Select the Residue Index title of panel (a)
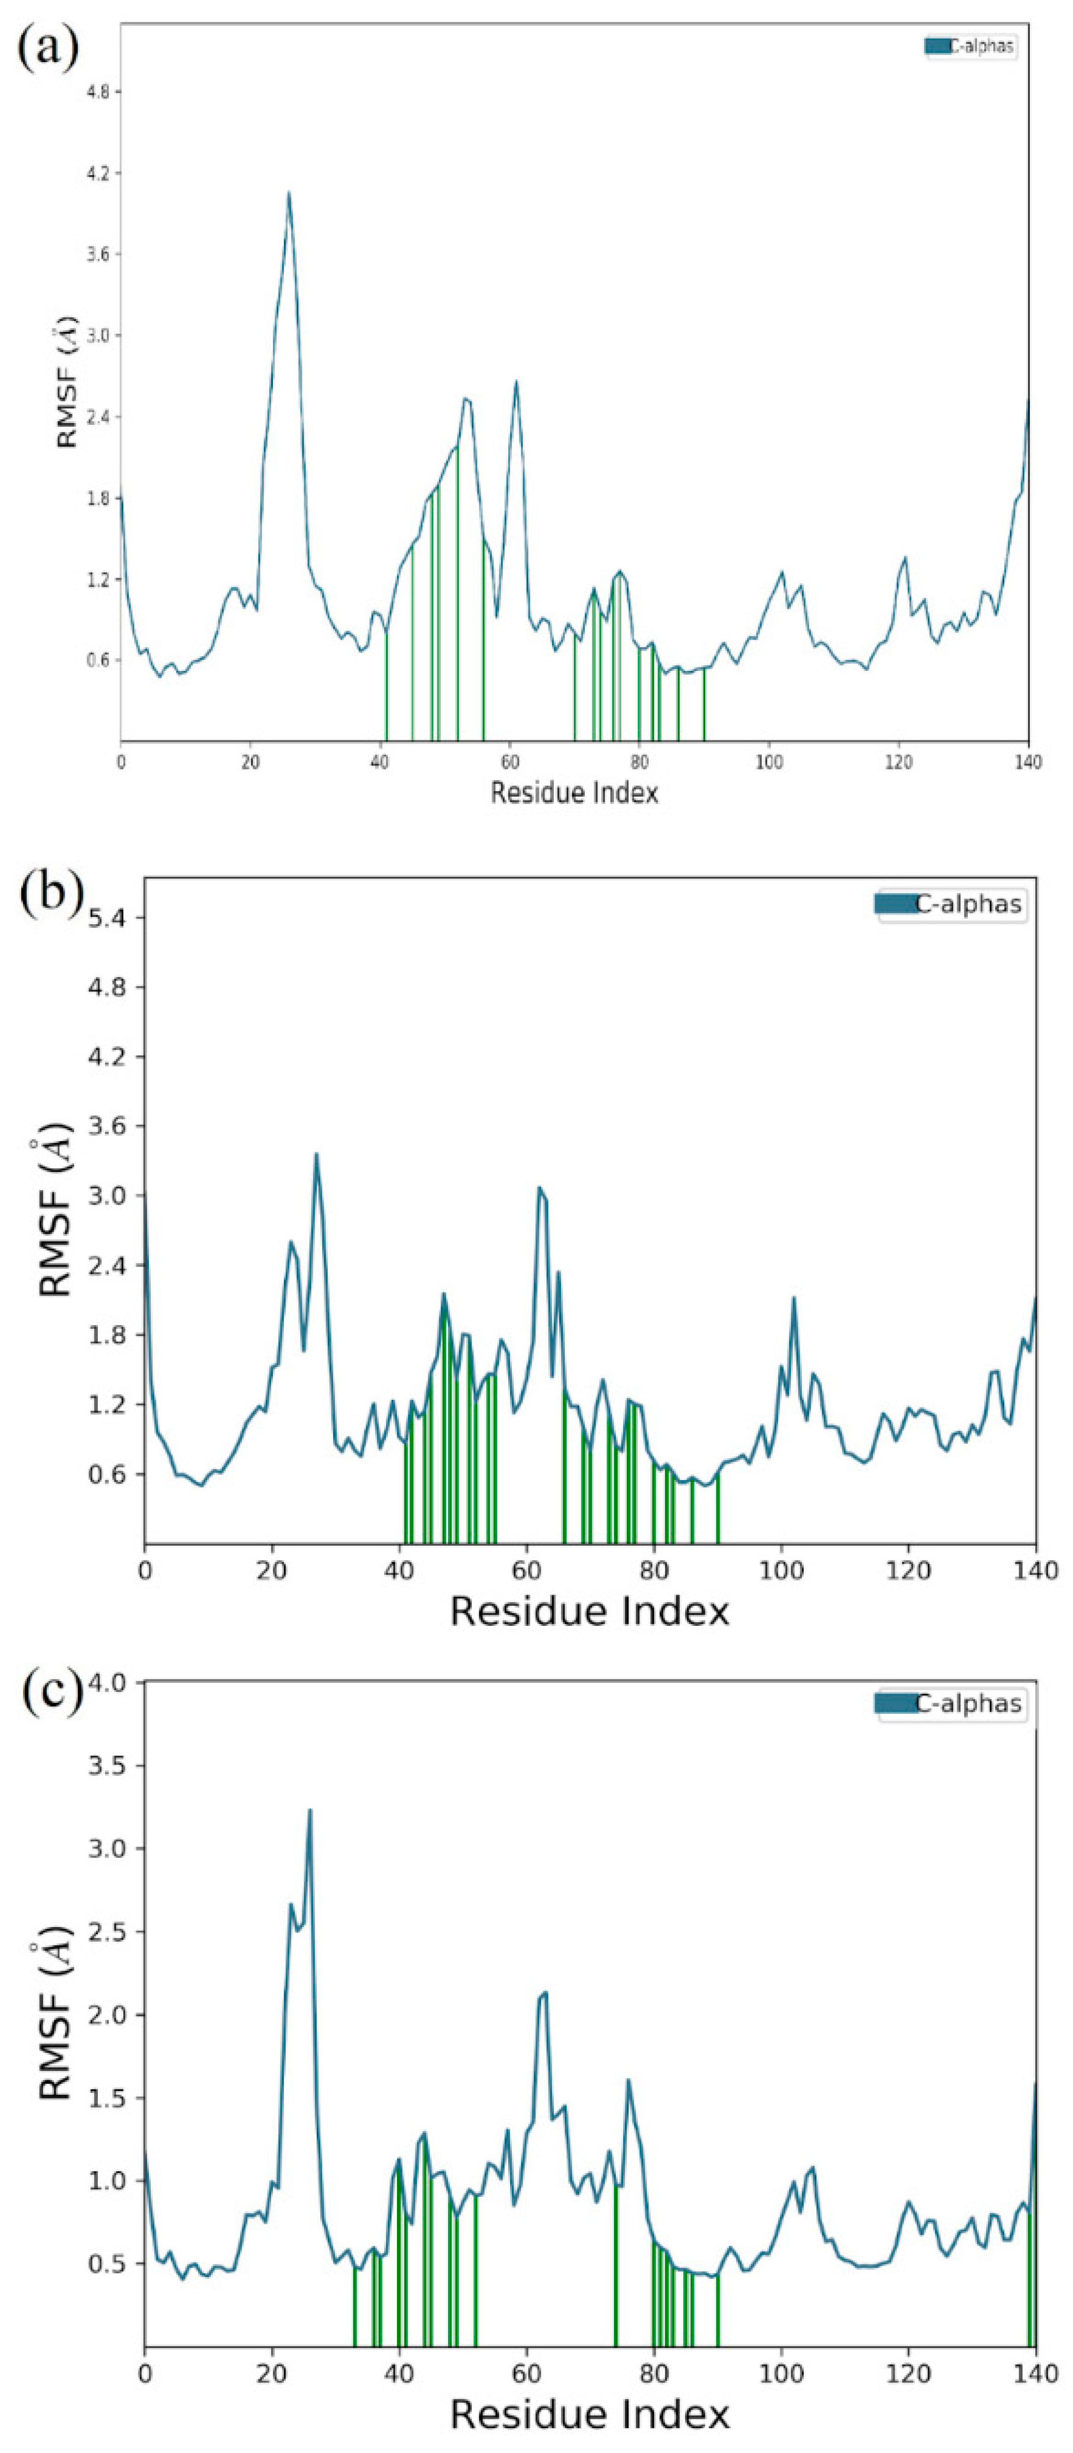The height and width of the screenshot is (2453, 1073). pos(574,792)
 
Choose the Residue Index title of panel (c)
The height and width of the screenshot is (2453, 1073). pos(589,2415)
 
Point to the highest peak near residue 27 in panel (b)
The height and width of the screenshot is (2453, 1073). pos(316,1155)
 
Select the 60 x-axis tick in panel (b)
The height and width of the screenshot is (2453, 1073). pos(527,1570)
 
